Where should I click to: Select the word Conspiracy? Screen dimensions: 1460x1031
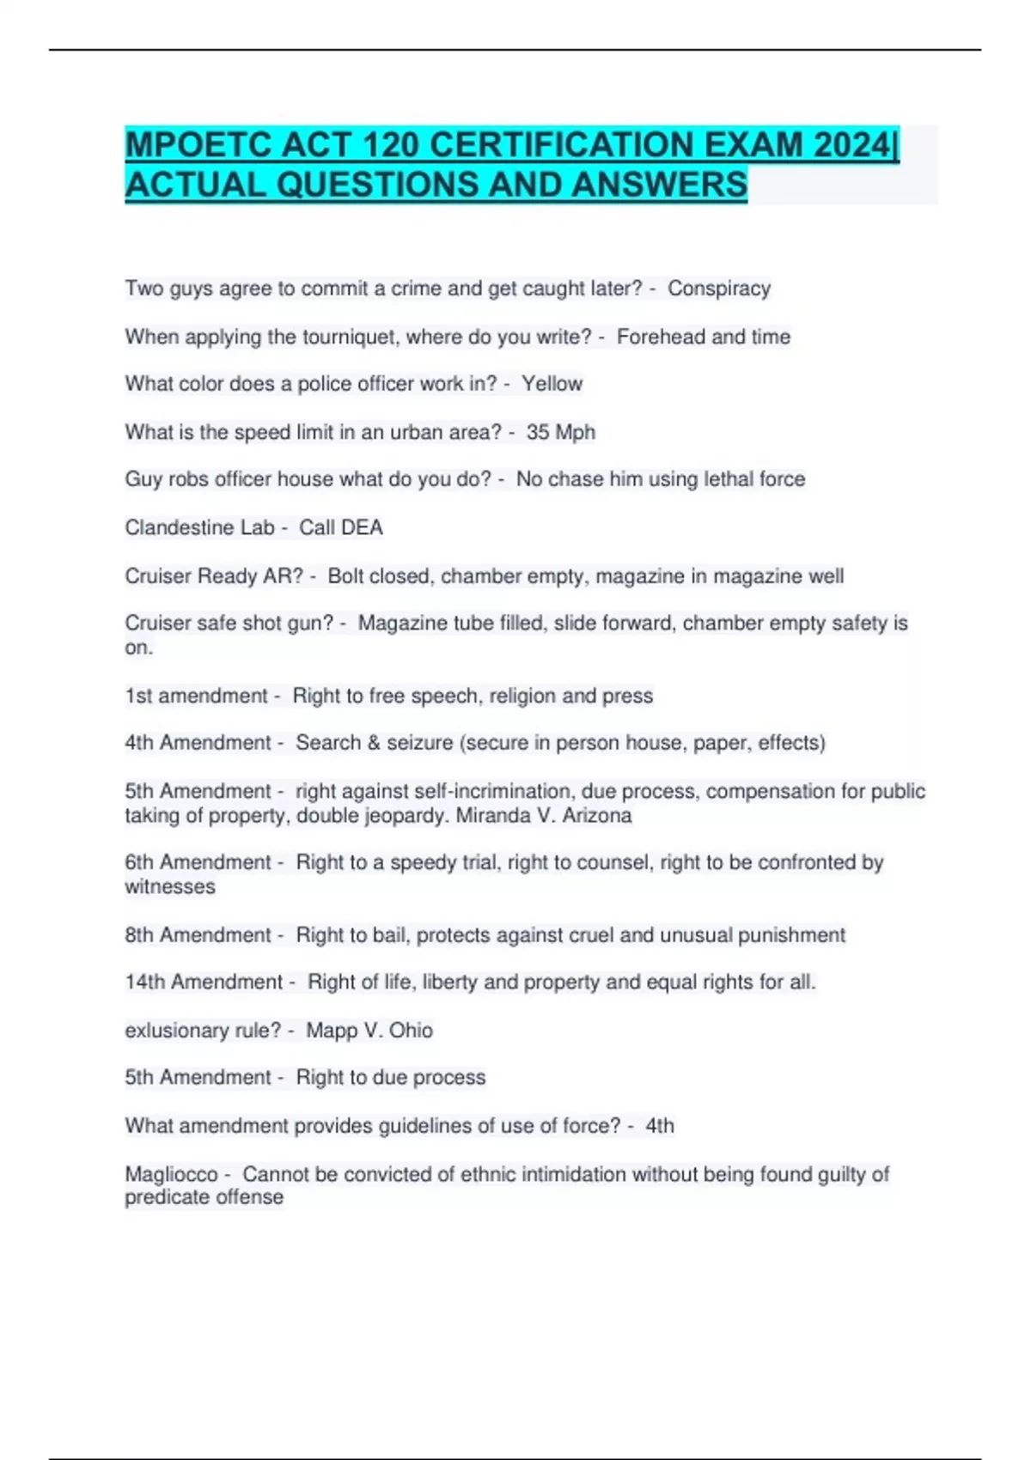point(719,289)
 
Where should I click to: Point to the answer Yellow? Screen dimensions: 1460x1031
point(552,384)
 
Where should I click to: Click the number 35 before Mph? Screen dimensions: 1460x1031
point(538,432)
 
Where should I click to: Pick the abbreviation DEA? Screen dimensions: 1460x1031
point(362,527)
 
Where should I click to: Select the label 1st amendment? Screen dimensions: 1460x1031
point(197,696)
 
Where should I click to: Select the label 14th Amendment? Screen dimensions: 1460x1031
point(204,982)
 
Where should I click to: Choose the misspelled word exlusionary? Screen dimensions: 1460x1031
point(177,1030)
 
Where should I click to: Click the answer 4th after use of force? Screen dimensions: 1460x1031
point(660,1126)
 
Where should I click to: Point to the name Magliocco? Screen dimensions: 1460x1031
point(171,1174)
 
